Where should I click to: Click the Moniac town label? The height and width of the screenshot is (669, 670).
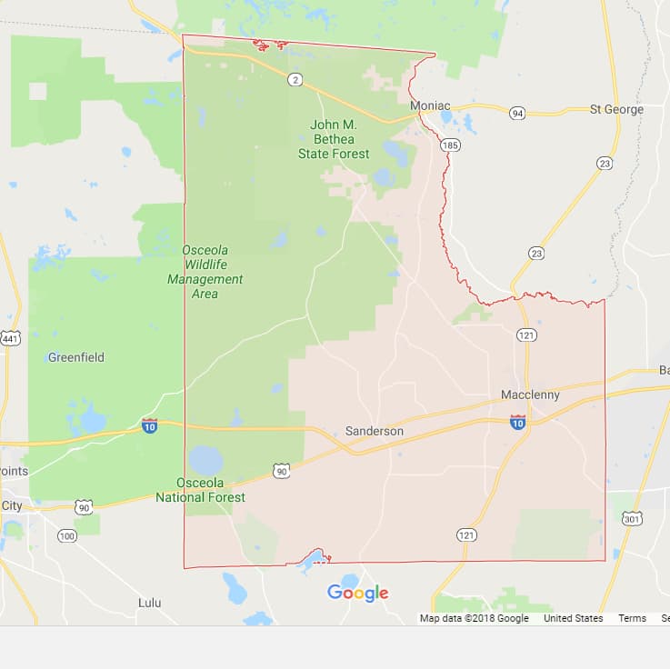pos(430,106)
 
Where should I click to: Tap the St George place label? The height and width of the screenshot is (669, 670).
pos(615,109)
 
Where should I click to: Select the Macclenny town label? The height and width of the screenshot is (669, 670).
pos(530,395)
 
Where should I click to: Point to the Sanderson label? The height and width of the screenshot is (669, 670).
pos(374,431)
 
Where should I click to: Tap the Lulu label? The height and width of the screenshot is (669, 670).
pos(149,603)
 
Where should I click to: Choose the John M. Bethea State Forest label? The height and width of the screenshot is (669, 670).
pos(334,139)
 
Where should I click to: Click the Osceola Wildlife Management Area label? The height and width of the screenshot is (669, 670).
pos(205,271)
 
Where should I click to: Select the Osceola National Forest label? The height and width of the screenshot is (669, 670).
pos(200,490)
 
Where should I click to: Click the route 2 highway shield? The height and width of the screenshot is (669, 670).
pos(295,80)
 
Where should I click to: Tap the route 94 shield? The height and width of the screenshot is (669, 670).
pos(517,114)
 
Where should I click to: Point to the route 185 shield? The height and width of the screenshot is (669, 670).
pos(449,145)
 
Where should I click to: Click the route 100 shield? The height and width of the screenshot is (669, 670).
pos(66,536)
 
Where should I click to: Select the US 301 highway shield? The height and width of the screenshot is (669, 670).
pos(632,518)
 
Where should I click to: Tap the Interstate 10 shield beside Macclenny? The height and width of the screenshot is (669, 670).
pos(517,422)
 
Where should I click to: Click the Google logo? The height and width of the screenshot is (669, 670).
pos(357,593)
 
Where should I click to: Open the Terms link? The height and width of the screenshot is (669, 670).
pos(632,618)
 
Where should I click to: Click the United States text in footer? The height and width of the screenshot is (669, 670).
pos(573,618)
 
